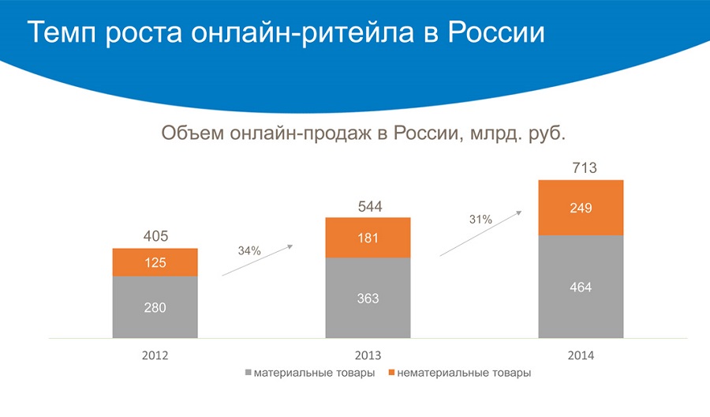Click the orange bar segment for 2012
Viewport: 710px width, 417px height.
pos(155,262)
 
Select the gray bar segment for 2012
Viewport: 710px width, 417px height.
pos(155,307)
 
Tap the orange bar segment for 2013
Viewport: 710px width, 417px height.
pos(368,238)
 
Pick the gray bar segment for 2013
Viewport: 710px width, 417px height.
pos(368,298)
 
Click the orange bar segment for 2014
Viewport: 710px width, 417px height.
pos(581,208)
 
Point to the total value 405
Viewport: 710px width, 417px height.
pos(155,236)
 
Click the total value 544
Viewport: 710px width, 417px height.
pos(369,206)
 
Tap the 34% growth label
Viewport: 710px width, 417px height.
pos(249,250)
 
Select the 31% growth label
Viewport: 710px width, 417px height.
pos(480,220)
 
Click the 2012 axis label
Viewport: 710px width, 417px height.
pos(155,356)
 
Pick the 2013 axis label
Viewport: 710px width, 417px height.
pos(368,356)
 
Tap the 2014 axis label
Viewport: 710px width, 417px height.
pos(581,356)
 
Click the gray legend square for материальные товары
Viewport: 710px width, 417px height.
pos(250,373)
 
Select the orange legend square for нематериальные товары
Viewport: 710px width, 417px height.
pos(391,373)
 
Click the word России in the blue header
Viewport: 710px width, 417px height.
pos(495,33)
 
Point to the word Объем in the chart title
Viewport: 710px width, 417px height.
pos(192,133)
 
